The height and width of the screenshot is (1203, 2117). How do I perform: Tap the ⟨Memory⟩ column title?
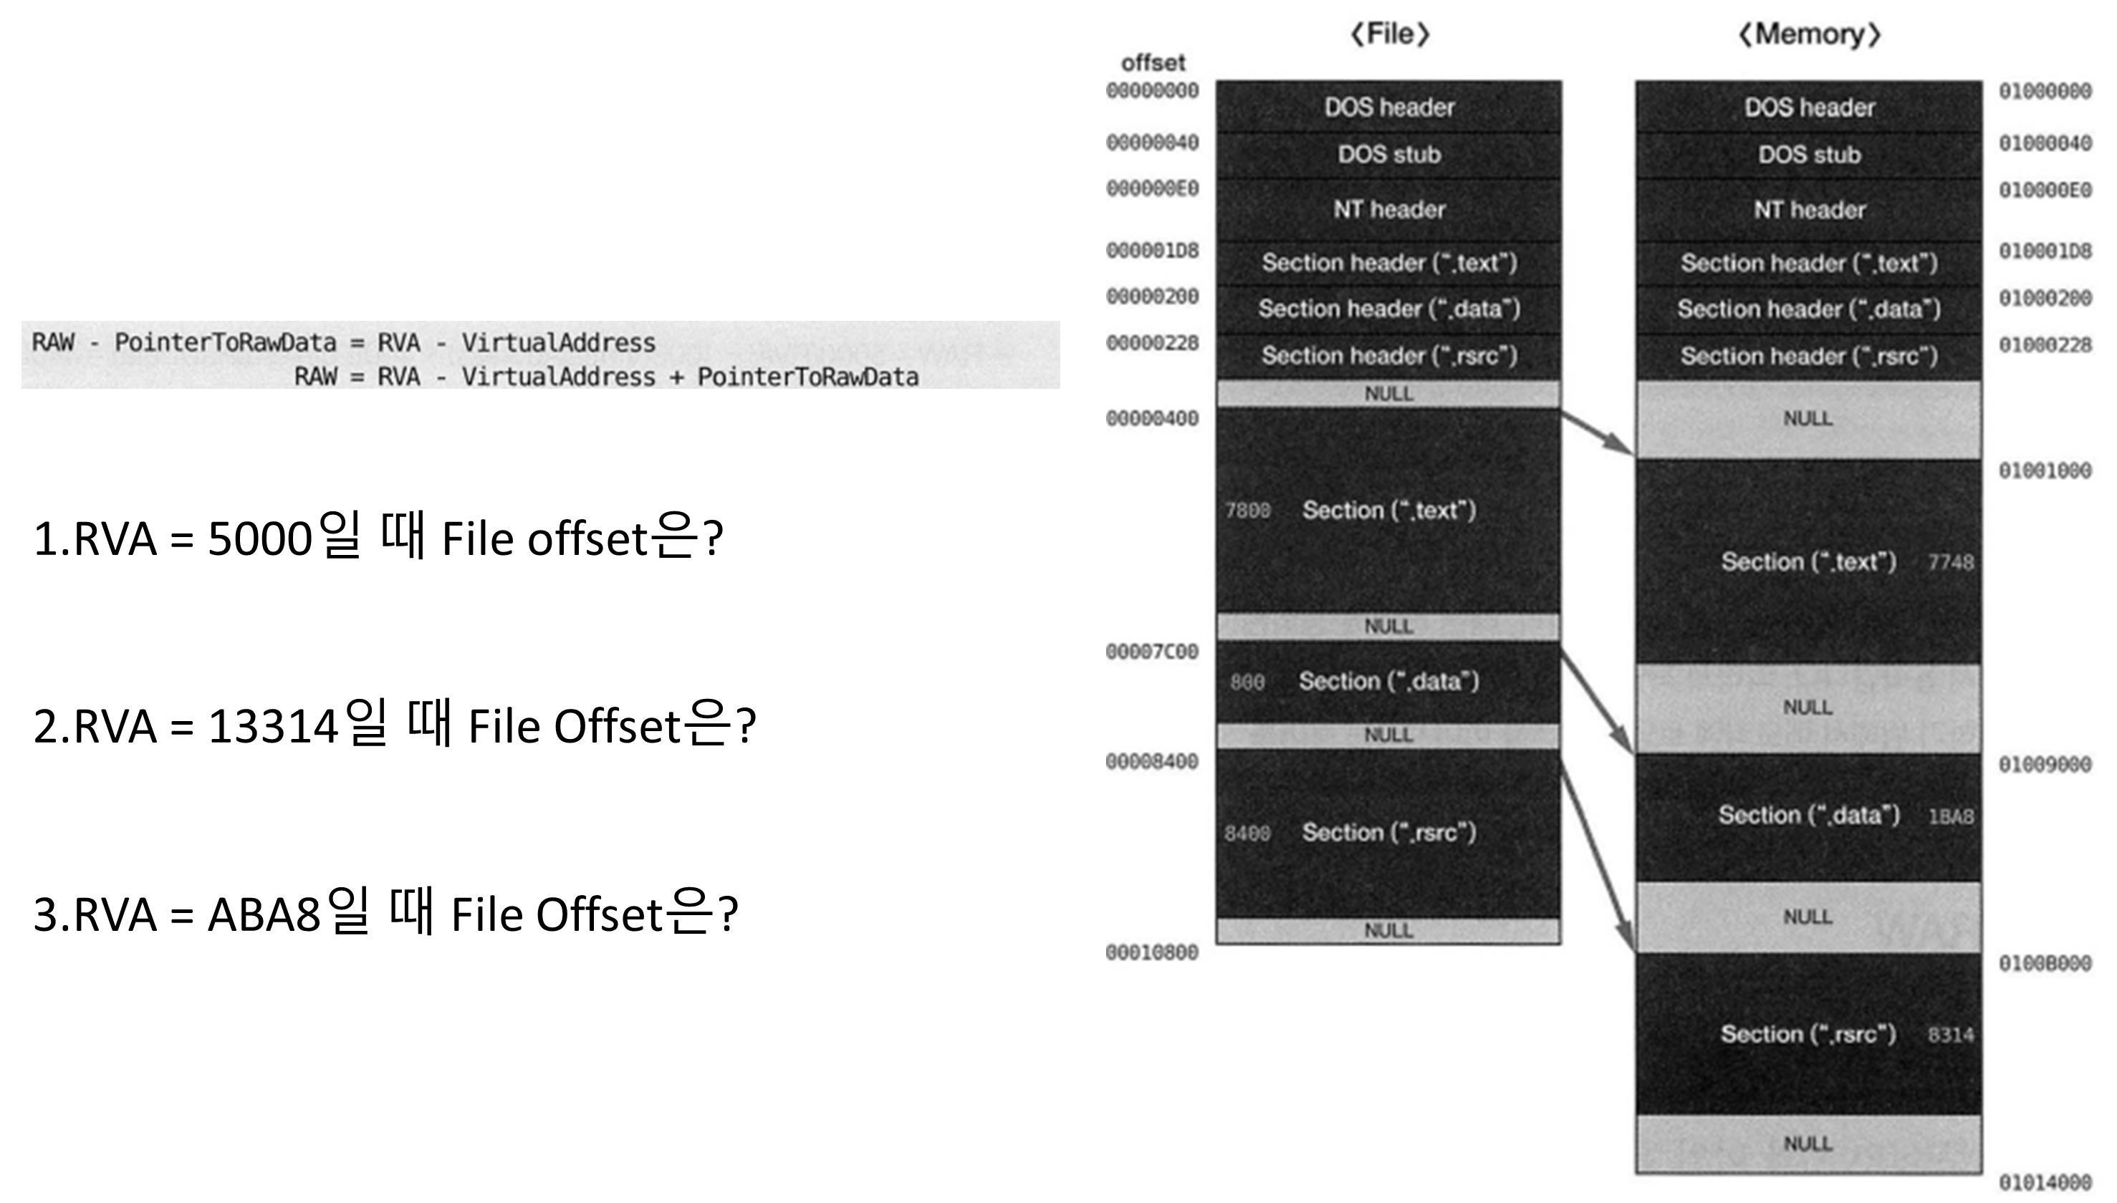tap(1809, 34)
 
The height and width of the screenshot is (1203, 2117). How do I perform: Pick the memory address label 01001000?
tap(2045, 471)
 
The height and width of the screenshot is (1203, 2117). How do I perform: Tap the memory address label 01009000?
tap(2045, 764)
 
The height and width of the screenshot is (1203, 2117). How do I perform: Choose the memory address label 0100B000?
tap(2045, 963)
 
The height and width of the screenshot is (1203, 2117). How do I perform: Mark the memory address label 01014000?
tap(2045, 1182)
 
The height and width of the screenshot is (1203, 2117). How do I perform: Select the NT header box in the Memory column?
tap(1809, 210)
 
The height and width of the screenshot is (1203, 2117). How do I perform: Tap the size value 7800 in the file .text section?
tap(1247, 511)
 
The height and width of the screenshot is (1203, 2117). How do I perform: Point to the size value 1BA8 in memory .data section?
tap(1951, 816)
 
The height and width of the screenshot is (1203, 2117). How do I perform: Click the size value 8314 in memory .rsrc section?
tap(1951, 1035)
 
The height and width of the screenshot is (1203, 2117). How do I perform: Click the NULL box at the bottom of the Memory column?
tap(1809, 1144)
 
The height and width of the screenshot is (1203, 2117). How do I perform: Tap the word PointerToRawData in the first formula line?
tap(225, 342)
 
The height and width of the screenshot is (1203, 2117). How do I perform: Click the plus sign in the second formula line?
tap(676, 377)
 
